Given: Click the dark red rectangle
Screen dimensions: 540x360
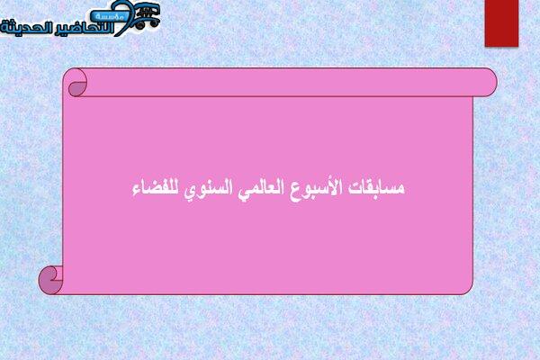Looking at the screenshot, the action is pyautogui.click(x=501, y=23).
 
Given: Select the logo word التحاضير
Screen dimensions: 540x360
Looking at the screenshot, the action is pyautogui.click(x=85, y=28).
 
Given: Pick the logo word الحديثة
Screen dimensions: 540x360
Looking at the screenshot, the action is pyautogui.click(x=27, y=28).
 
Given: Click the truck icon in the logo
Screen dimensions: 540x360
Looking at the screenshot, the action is pyautogui.click(x=147, y=15).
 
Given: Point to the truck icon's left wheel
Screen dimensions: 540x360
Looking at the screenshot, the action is pyautogui.click(x=139, y=25).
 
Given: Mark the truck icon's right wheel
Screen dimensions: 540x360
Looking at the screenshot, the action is pyautogui.click(x=155, y=22).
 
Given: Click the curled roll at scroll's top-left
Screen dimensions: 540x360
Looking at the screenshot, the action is pyautogui.click(x=77, y=83).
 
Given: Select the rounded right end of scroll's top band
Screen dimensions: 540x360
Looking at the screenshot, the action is pyautogui.click(x=489, y=82).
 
